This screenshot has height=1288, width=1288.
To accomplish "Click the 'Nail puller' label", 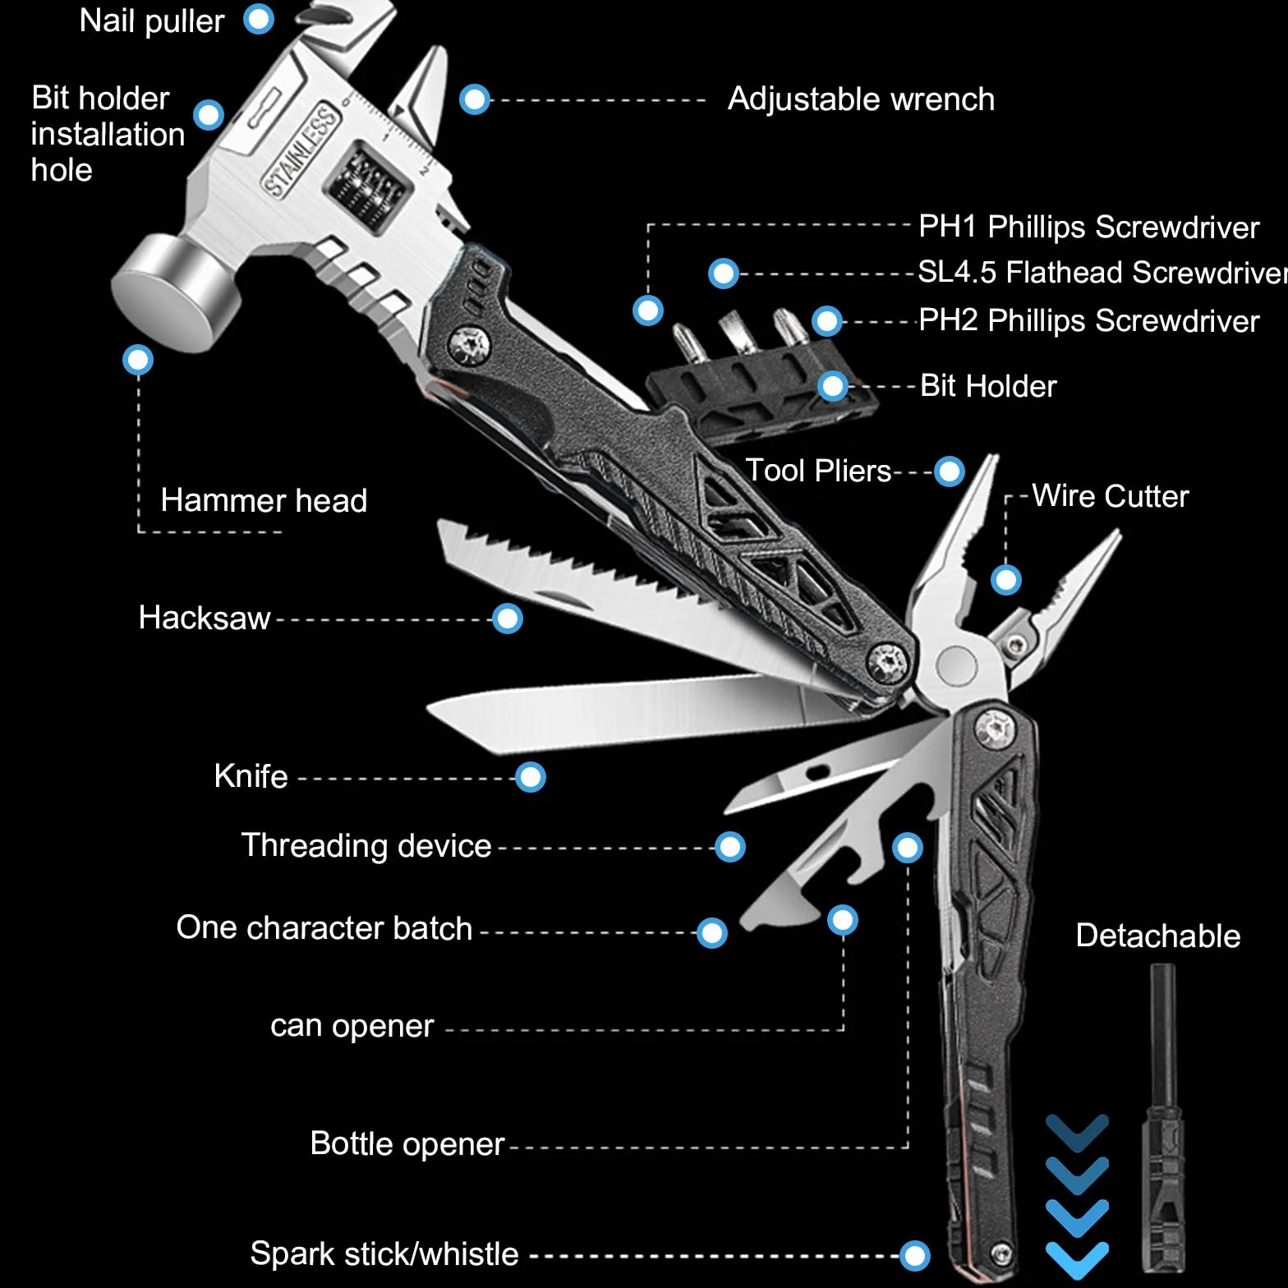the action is pos(152,21).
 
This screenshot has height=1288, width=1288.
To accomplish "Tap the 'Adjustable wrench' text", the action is pos(861,99).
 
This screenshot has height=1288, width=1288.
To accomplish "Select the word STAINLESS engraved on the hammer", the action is pos(301,150).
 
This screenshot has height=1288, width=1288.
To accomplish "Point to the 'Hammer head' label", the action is pos(264,500).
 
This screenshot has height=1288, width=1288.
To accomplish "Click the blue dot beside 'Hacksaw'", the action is pos(508,619).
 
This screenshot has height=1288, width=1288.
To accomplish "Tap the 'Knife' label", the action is pos(251,776).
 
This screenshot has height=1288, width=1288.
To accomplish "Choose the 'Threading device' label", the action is pos(366,846).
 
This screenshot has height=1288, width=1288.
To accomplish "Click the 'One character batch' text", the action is pos(324,928).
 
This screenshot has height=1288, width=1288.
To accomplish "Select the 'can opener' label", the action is pos(352,1026).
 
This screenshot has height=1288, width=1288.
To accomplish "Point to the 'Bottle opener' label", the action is pos(407,1144).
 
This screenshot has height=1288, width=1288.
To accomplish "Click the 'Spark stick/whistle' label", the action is pos(384,1254).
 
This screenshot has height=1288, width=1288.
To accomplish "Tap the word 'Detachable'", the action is pos(1158,936).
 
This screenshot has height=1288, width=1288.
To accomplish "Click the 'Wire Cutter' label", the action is pos(1111,496).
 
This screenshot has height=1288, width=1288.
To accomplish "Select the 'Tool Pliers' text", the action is pos(818,471).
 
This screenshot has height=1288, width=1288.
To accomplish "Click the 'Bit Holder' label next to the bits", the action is pos(988,386).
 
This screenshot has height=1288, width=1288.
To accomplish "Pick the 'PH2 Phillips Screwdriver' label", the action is pos(1089,320).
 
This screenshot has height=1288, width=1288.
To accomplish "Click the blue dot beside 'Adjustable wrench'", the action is pos(475,100).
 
